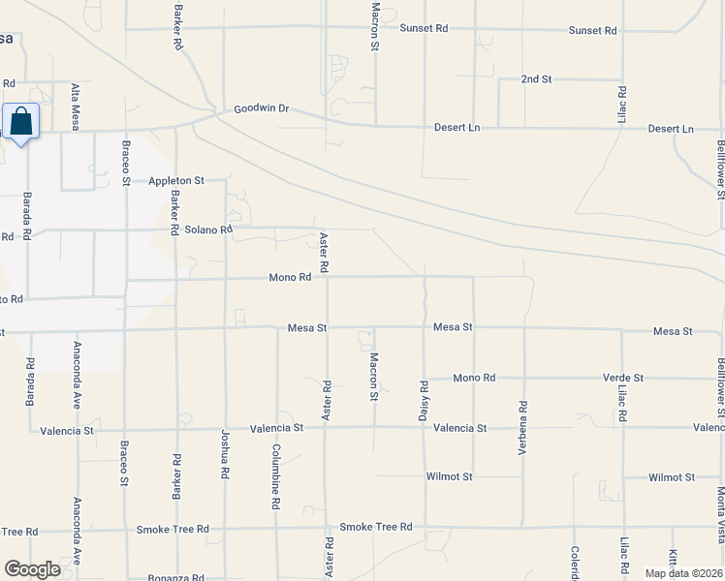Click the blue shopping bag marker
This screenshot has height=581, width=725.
[x=20, y=122]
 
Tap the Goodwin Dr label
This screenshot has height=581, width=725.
[x=262, y=109]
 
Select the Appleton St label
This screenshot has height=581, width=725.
[x=176, y=180]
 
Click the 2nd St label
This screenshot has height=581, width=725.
[x=536, y=78]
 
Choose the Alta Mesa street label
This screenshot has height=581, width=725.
[x=76, y=107]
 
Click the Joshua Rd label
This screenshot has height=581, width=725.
[x=226, y=455]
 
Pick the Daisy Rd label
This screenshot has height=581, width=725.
[x=425, y=399]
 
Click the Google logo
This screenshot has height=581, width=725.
[x=33, y=569]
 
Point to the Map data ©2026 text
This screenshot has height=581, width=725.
[x=683, y=573]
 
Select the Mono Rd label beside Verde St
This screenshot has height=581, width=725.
[x=474, y=378]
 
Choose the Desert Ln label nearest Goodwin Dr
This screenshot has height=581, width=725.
[x=456, y=128]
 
